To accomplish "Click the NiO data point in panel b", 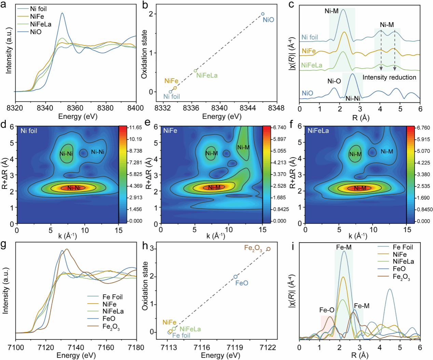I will point(263,14).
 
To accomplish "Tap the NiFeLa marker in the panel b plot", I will point(195,71).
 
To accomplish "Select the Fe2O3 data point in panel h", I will point(268,249).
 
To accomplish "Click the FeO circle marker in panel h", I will point(235,277).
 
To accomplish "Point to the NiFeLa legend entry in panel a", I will point(41,24).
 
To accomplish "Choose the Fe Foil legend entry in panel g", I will point(112,297).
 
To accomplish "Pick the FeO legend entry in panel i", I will point(399,269).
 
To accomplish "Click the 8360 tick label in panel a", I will point(75,108).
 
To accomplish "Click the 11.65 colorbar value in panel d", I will point(136,127).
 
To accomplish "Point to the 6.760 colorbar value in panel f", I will point(423,128).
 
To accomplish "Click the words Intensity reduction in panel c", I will point(389,78).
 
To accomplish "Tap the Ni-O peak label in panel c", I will point(334,81).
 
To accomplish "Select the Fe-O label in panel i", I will point(326,310).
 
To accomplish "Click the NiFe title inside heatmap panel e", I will point(170,131).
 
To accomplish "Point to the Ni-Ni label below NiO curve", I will point(352,99).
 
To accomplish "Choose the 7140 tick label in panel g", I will point(76,348).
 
